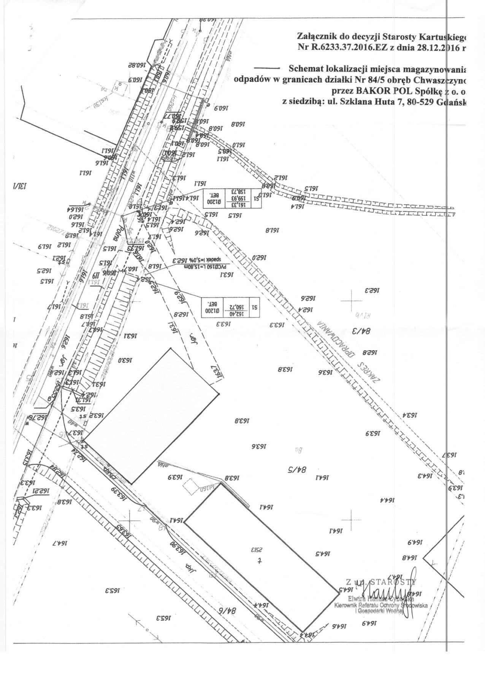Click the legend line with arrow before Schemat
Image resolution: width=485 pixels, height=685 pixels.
[267, 68]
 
